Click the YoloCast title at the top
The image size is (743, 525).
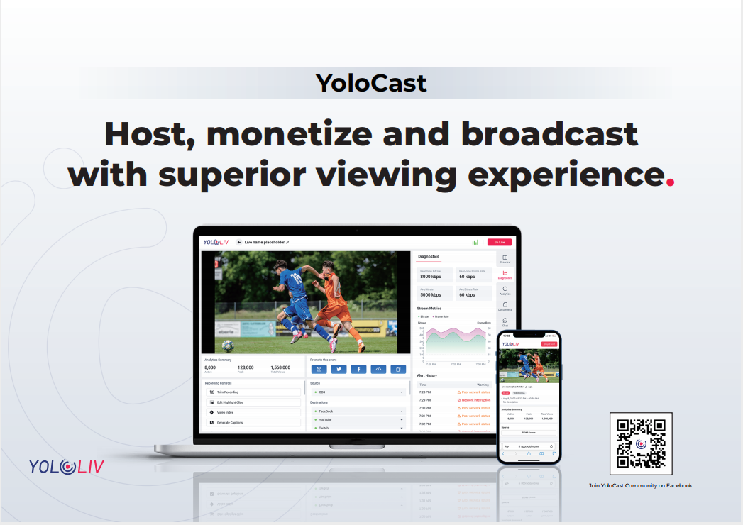371,83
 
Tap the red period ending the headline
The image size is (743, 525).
670,182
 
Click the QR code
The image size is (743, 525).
640,443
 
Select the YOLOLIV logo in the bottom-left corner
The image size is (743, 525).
66,466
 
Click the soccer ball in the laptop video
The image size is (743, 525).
228,346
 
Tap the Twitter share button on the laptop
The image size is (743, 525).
339,369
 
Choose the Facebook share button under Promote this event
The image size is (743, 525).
358,369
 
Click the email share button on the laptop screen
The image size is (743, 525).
319,369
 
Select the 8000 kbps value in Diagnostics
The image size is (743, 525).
431,277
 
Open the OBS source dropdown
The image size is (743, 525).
358,392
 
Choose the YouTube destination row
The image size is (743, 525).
358,419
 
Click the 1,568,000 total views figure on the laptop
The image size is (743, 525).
280,367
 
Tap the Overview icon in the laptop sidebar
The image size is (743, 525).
505,259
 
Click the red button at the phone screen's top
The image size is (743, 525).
549,344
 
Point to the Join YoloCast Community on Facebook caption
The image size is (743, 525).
640,486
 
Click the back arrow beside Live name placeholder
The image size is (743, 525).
239,242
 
